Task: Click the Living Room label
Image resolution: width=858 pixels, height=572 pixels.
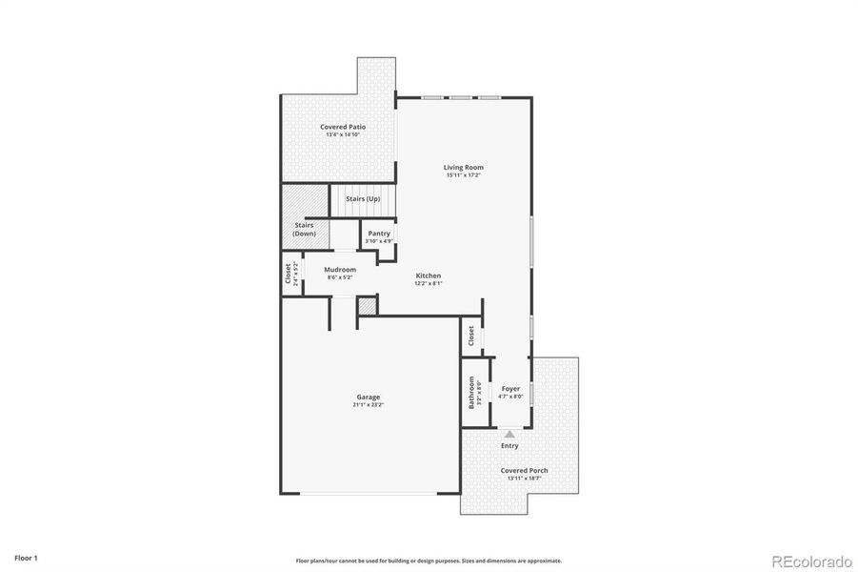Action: point(464,168)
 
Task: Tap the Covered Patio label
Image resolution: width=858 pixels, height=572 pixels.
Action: point(343,127)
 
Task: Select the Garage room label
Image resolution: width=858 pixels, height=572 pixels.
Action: point(369,397)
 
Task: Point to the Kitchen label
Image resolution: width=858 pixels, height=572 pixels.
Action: point(428,276)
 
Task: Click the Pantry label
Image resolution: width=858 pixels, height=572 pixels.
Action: point(379,234)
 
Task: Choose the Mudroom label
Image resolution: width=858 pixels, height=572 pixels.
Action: point(340,270)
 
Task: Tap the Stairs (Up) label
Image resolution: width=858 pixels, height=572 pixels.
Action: point(363,198)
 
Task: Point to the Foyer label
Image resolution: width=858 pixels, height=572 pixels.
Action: point(511,389)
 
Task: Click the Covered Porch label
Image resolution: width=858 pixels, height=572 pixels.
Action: point(525,470)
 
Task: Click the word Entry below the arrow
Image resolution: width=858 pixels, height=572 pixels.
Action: point(509,445)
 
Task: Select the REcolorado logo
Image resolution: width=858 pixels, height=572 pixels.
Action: point(811,560)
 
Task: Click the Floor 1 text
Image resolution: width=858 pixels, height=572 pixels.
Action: point(26,557)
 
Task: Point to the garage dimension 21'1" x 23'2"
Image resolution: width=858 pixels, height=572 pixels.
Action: point(369,405)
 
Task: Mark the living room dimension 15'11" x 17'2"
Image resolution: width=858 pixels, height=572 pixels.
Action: point(464,175)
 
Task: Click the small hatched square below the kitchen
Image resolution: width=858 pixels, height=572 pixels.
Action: point(367,307)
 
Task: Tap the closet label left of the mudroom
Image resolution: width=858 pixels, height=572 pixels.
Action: point(289,274)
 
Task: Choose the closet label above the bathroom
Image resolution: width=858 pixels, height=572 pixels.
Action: point(471,337)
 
